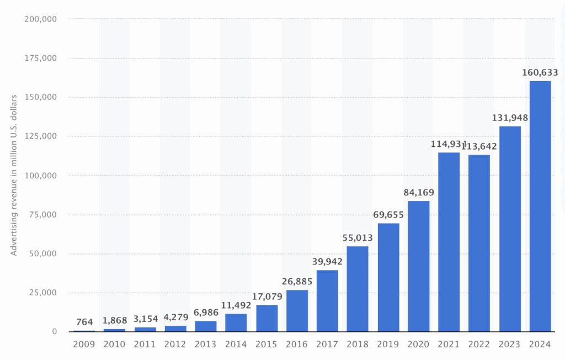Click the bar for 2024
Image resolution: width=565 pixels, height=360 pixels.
tap(540, 207)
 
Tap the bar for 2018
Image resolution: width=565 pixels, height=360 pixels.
tap(358, 289)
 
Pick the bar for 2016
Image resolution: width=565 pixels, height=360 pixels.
tap(297, 311)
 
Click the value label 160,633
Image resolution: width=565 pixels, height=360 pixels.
tap(540, 72)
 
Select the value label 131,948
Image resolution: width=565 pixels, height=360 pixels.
tap(510, 118)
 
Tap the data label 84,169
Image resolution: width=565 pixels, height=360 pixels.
tap(418, 192)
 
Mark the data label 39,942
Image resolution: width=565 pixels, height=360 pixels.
tap(327, 261)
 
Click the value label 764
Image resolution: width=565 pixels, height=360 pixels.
tap(84, 322)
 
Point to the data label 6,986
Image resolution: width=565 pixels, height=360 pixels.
tap(206, 313)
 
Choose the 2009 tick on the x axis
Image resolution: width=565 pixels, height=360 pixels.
tap(84, 343)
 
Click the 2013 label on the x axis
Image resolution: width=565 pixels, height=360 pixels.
tap(206, 343)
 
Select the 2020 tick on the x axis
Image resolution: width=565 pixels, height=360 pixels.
tap(418, 343)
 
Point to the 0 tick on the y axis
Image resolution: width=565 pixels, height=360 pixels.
tap(54, 332)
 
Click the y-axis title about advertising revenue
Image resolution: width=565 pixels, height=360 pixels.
tap(14, 175)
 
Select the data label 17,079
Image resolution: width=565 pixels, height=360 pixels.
tap(266, 297)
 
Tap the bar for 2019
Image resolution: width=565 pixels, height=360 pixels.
tap(388, 277)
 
